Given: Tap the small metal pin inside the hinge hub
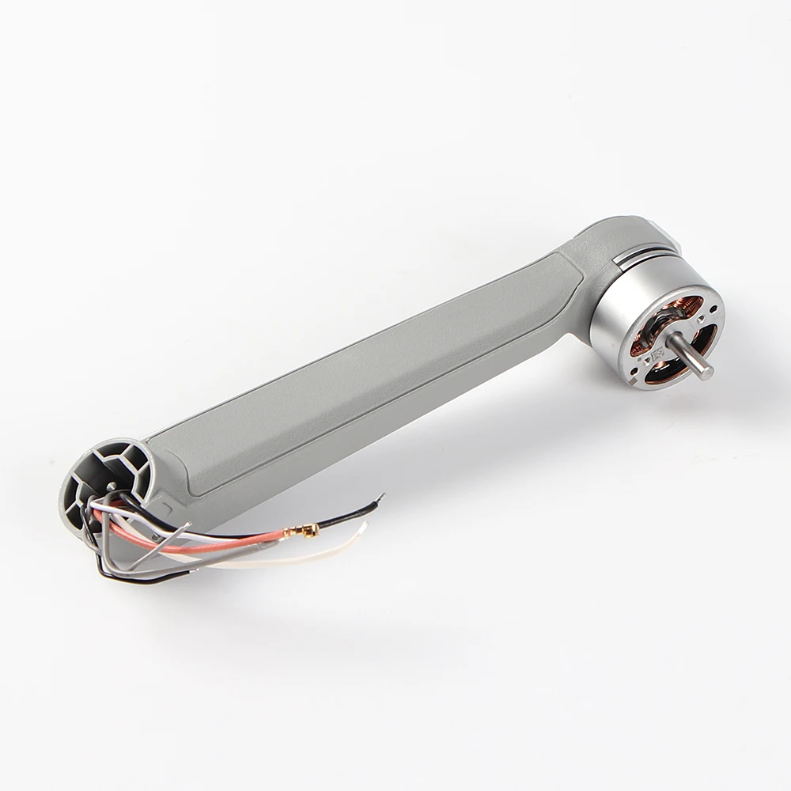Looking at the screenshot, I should pyautogui.click(x=111, y=486).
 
